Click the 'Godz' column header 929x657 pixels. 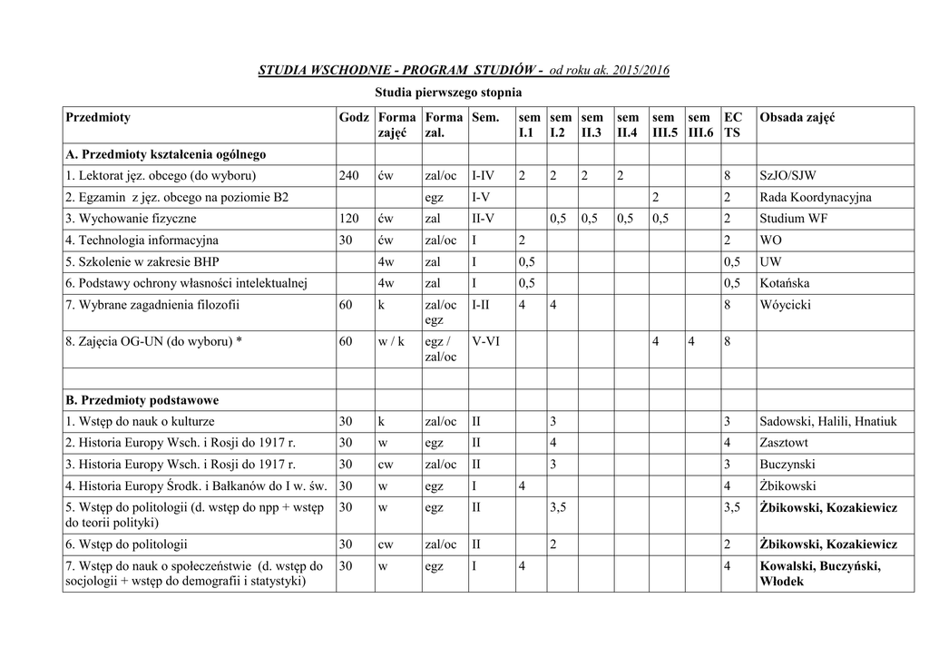(x=353, y=118)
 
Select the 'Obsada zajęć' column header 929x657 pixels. (x=797, y=118)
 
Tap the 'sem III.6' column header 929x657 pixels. (x=700, y=125)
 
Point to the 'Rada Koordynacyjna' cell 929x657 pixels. (x=815, y=197)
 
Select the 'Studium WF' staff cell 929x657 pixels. (x=793, y=219)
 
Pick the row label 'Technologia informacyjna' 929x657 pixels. (x=142, y=240)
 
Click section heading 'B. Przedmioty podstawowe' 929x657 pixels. (x=142, y=399)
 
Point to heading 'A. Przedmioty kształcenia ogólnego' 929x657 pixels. (x=165, y=154)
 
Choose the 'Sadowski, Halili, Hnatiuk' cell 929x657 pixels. (x=827, y=421)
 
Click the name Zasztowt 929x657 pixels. (x=786, y=443)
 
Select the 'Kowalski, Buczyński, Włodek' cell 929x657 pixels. (x=820, y=574)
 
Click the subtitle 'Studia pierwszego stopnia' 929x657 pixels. (x=448, y=93)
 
